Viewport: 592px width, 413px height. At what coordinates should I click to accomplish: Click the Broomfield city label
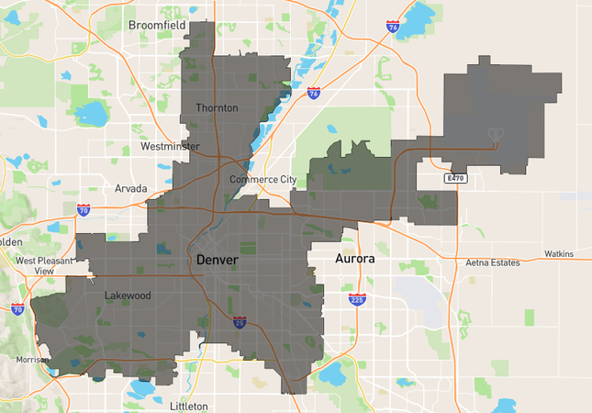pyautogui.click(x=158, y=25)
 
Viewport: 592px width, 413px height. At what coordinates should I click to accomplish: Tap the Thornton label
pyautogui.click(x=217, y=108)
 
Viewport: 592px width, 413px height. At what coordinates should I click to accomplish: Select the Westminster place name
pyautogui.click(x=170, y=146)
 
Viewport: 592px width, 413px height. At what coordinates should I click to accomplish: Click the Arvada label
pyautogui.click(x=130, y=188)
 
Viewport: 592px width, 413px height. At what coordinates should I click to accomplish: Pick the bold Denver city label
pyautogui.click(x=218, y=261)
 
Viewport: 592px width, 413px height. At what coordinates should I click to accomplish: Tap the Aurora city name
pyautogui.click(x=354, y=259)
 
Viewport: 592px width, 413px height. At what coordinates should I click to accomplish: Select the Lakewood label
pyautogui.click(x=128, y=296)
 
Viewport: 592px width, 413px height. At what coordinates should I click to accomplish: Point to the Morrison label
pyautogui.click(x=33, y=360)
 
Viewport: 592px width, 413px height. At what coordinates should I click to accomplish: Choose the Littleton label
pyautogui.click(x=189, y=406)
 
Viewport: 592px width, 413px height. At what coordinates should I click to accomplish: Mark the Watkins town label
pyautogui.click(x=558, y=253)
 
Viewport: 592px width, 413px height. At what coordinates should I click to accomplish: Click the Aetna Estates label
pyautogui.click(x=492, y=262)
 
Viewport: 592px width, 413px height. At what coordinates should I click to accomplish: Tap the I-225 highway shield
pyautogui.click(x=357, y=299)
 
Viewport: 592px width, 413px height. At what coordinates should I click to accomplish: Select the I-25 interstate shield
pyautogui.click(x=240, y=322)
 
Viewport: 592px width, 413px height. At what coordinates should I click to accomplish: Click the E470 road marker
pyautogui.click(x=456, y=177)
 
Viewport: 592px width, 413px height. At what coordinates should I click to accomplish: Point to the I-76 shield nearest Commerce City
pyautogui.click(x=314, y=93)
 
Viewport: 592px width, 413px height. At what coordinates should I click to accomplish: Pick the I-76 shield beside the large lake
pyautogui.click(x=393, y=27)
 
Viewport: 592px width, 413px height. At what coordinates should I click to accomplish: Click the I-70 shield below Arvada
pyautogui.click(x=84, y=210)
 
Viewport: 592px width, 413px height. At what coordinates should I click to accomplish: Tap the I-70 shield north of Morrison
pyautogui.click(x=17, y=308)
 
